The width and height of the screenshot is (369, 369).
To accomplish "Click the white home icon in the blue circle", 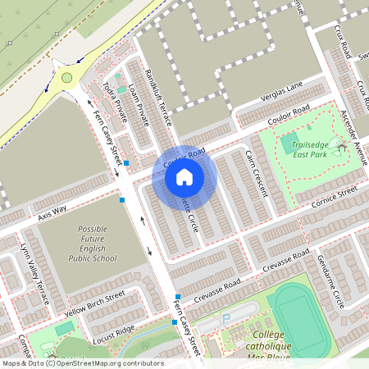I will pyautogui.click(x=184, y=177).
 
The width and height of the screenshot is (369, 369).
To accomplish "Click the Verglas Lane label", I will pyautogui.click(x=282, y=91).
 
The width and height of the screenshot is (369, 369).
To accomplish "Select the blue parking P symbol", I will pyautogui.click(x=226, y=318).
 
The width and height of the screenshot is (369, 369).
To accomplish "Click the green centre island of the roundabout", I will pyautogui.click(x=66, y=78).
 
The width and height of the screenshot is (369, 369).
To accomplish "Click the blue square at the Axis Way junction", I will pyautogui.click(x=122, y=199).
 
